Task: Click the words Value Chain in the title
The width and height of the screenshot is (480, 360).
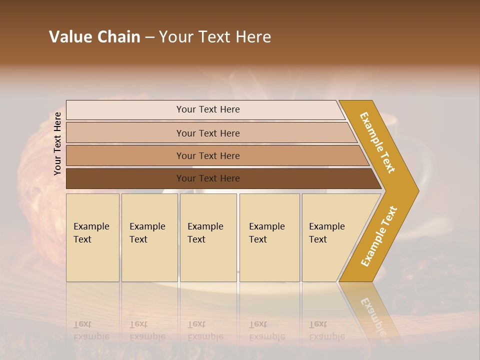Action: coord(94,37)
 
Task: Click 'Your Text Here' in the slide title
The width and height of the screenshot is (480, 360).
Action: coord(215,37)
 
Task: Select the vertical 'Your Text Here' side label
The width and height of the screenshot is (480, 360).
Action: coord(57,144)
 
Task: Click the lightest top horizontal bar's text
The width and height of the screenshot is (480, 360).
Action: coord(208,109)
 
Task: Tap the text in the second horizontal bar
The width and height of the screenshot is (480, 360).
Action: coord(208,133)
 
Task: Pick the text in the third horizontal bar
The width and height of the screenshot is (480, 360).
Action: coord(208,156)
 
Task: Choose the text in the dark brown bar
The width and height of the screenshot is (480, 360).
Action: coord(208,178)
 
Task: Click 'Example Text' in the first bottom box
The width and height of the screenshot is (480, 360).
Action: coord(91,233)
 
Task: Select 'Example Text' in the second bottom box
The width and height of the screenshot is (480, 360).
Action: coord(147,233)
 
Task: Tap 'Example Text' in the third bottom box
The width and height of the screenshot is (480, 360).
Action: coord(205,233)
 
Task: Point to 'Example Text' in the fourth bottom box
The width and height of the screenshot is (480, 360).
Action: coord(266,233)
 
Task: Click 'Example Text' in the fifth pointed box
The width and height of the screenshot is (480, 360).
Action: coord(326,233)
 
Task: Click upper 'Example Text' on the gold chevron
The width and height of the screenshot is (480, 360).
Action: coord(377,142)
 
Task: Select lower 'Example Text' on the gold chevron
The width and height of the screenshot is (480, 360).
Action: coord(379,236)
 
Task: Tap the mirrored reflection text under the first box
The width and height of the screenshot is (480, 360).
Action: coord(91,330)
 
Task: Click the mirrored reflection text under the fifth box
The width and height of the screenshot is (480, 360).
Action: coord(326,330)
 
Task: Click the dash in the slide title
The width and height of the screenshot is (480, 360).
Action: coord(149,37)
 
